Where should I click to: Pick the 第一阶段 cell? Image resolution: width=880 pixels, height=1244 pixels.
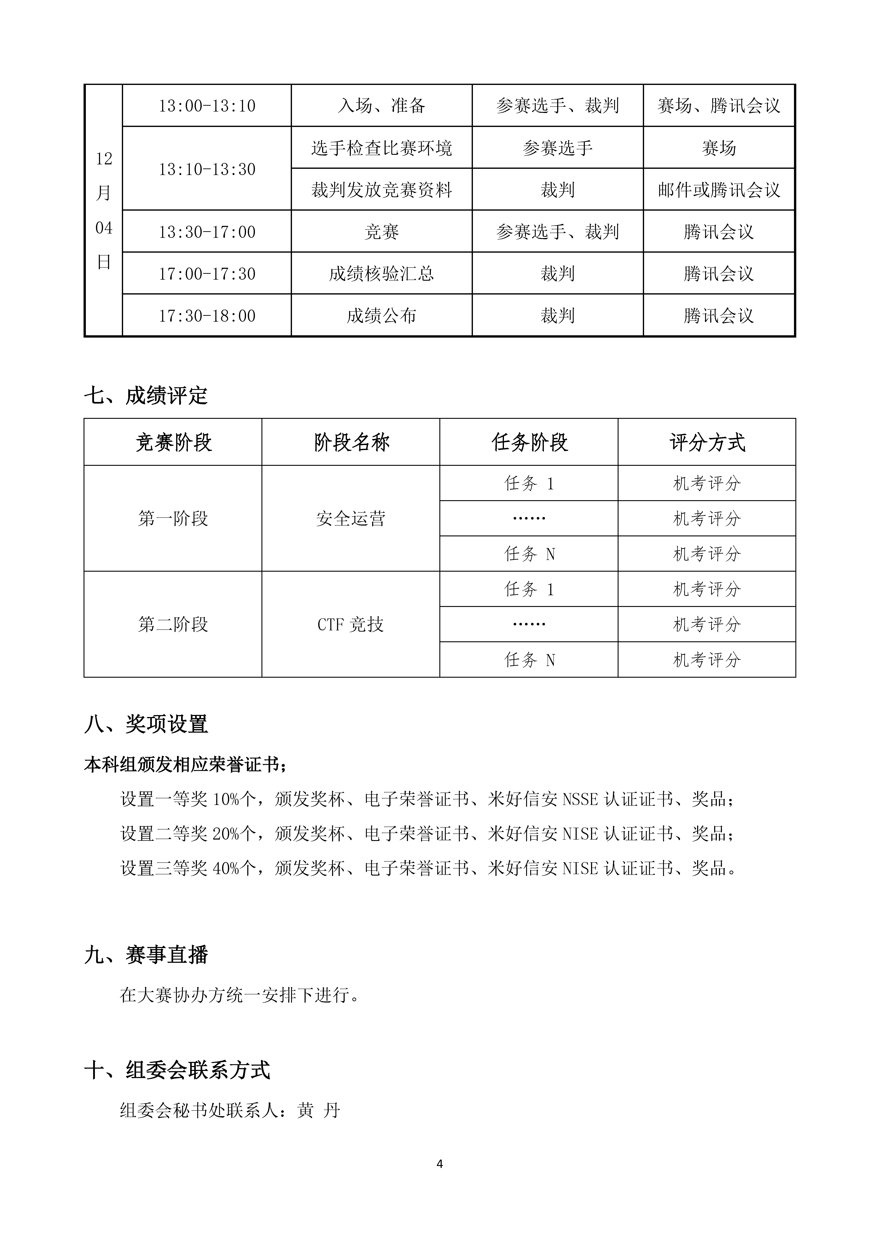(x=173, y=518)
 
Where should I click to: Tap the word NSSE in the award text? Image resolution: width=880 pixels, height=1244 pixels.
(x=581, y=799)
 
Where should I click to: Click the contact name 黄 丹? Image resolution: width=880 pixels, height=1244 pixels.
(x=319, y=1110)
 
